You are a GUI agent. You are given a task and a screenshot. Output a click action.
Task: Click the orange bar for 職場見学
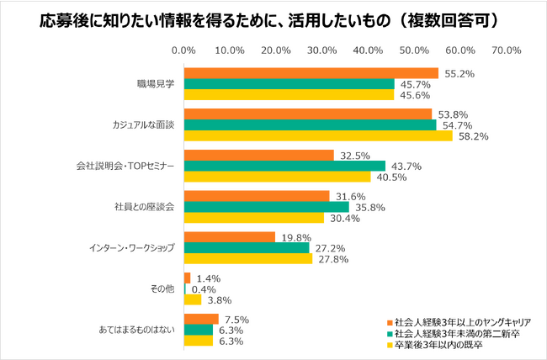(x=311, y=73)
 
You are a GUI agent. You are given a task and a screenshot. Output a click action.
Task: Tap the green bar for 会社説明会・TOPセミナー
(x=284, y=166)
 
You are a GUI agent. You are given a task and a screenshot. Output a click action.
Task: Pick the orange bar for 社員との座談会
(x=257, y=196)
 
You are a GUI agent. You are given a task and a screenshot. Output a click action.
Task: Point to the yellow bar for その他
(x=193, y=299)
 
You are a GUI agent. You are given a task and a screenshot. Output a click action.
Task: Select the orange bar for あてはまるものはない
(x=201, y=319)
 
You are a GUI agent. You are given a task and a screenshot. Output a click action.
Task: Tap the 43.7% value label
(x=401, y=166)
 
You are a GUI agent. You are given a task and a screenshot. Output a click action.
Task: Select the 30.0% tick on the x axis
(x=322, y=51)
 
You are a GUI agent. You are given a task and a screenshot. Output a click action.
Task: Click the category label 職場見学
(x=155, y=83)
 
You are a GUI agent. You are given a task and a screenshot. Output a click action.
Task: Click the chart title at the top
(x=273, y=19)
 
